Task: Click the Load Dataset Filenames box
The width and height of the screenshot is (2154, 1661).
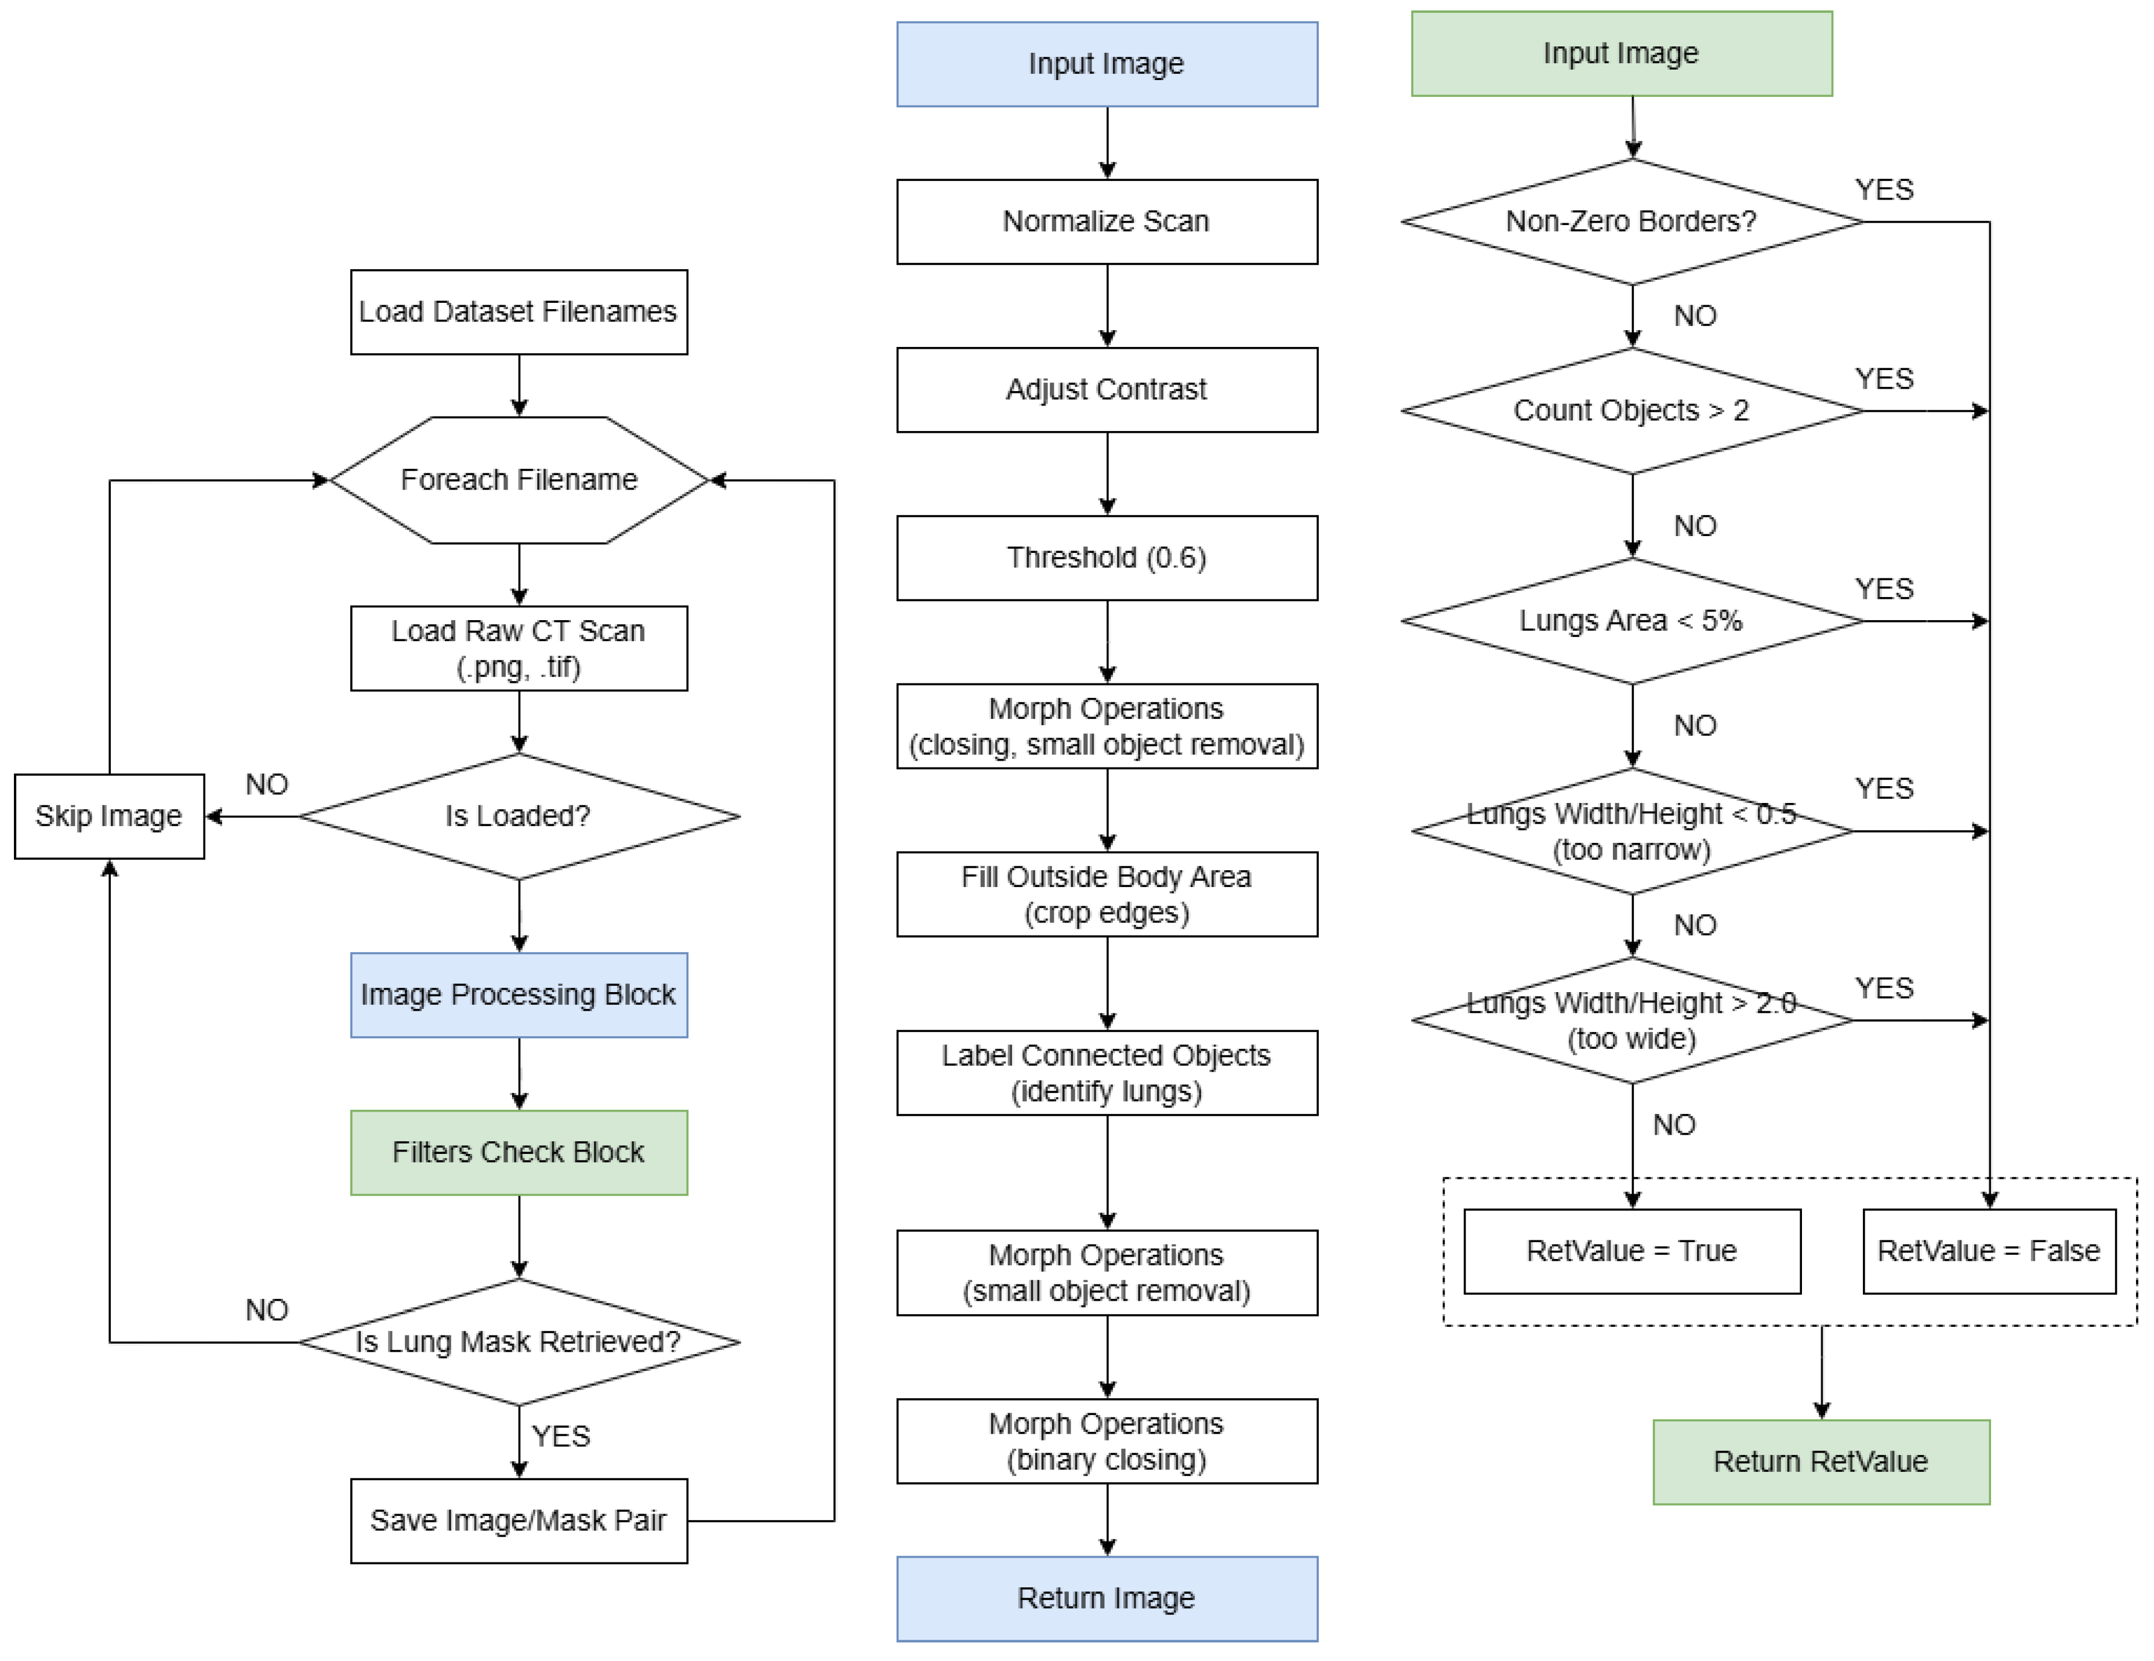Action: pyautogui.click(x=518, y=312)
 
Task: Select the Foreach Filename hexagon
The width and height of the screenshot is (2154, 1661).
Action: pyautogui.click(x=518, y=480)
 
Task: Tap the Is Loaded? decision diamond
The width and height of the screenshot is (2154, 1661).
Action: pyautogui.click(x=518, y=817)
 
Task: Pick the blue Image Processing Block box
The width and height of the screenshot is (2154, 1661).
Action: pyautogui.click(x=518, y=994)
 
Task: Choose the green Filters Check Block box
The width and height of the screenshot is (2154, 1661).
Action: pyautogui.click(x=518, y=1152)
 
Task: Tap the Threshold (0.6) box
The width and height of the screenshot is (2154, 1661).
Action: pyautogui.click(x=1107, y=558)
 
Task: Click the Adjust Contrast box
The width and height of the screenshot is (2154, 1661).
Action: pyautogui.click(x=1107, y=390)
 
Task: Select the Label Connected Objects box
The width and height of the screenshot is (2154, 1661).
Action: pyautogui.click(x=1107, y=1073)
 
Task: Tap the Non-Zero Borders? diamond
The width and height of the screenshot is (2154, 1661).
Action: pyautogui.click(x=1631, y=222)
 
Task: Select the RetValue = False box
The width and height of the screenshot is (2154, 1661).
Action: pyautogui.click(x=1988, y=1251)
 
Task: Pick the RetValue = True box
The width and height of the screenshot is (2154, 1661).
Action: pyautogui.click(x=1631, y=1251)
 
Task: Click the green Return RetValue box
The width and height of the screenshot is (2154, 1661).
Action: pyautogui.click(x=1821, y=1462)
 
